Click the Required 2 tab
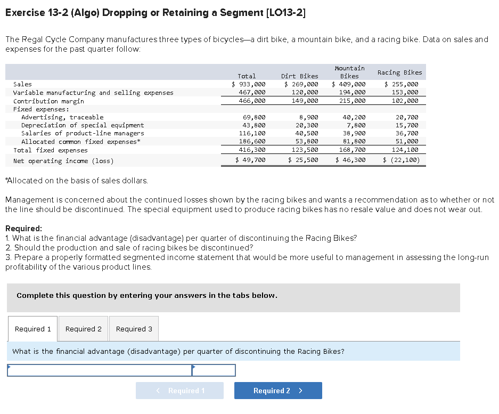[83, 329]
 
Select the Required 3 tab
[134, 329]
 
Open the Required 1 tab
[33, 329]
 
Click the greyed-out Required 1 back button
[179, 391]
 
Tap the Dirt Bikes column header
[299, 76]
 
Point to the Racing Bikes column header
[399, 72]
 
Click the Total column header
[247, 76]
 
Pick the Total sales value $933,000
[249, 84]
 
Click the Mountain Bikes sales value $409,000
[349, 84]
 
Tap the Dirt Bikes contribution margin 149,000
[301, 101]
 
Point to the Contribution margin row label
[48, 101]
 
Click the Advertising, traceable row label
[62, 117]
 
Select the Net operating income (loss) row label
[63, 160]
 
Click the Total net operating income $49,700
[250, 160]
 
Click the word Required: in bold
[23, 229]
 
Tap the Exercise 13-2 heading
[155, 12]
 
